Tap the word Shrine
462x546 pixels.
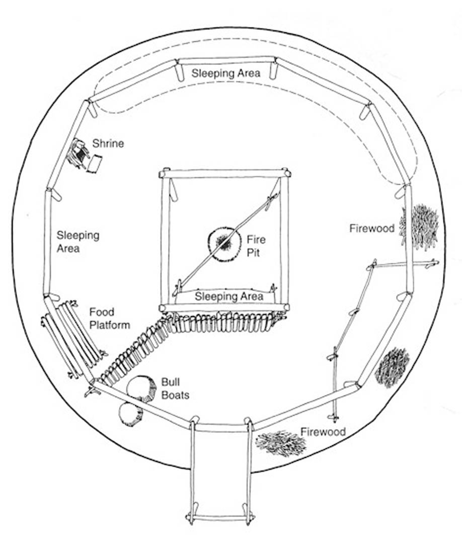(x=112, y=144)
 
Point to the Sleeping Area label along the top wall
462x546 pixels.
(x=226, y=73)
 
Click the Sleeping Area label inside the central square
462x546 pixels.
(x=228, y=296)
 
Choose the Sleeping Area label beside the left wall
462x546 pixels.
(x=78, y=241)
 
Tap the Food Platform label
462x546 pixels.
(x=109, y=318)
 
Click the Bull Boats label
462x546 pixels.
(x=175, y=388)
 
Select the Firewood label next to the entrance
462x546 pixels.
(x=323, y=432)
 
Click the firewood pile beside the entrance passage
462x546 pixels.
(x=280, y=443)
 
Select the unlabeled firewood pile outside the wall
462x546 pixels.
(x=392, y=366)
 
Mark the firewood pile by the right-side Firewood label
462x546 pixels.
(x=421, y=226)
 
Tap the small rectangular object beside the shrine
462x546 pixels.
(x=94, y=164)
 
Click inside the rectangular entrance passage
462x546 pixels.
(x=219, y=473)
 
